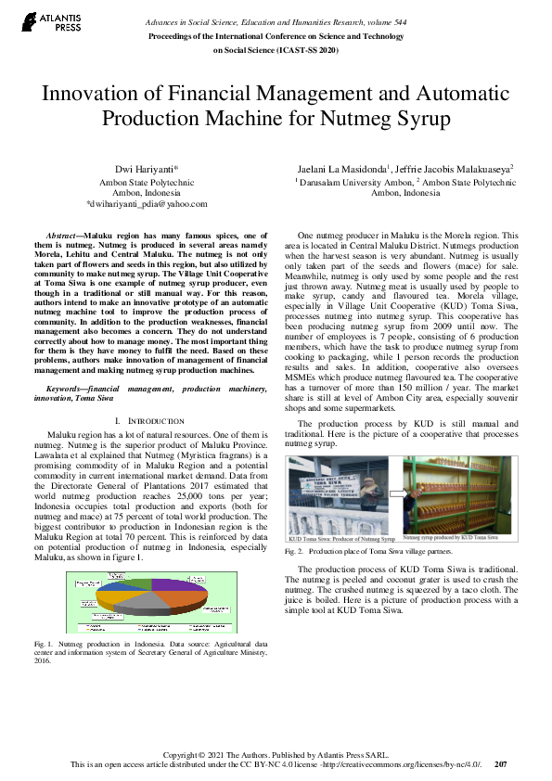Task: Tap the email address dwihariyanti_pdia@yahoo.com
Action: tap(146, 203)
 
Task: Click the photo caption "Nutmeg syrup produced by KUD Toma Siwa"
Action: tap(450, 537)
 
